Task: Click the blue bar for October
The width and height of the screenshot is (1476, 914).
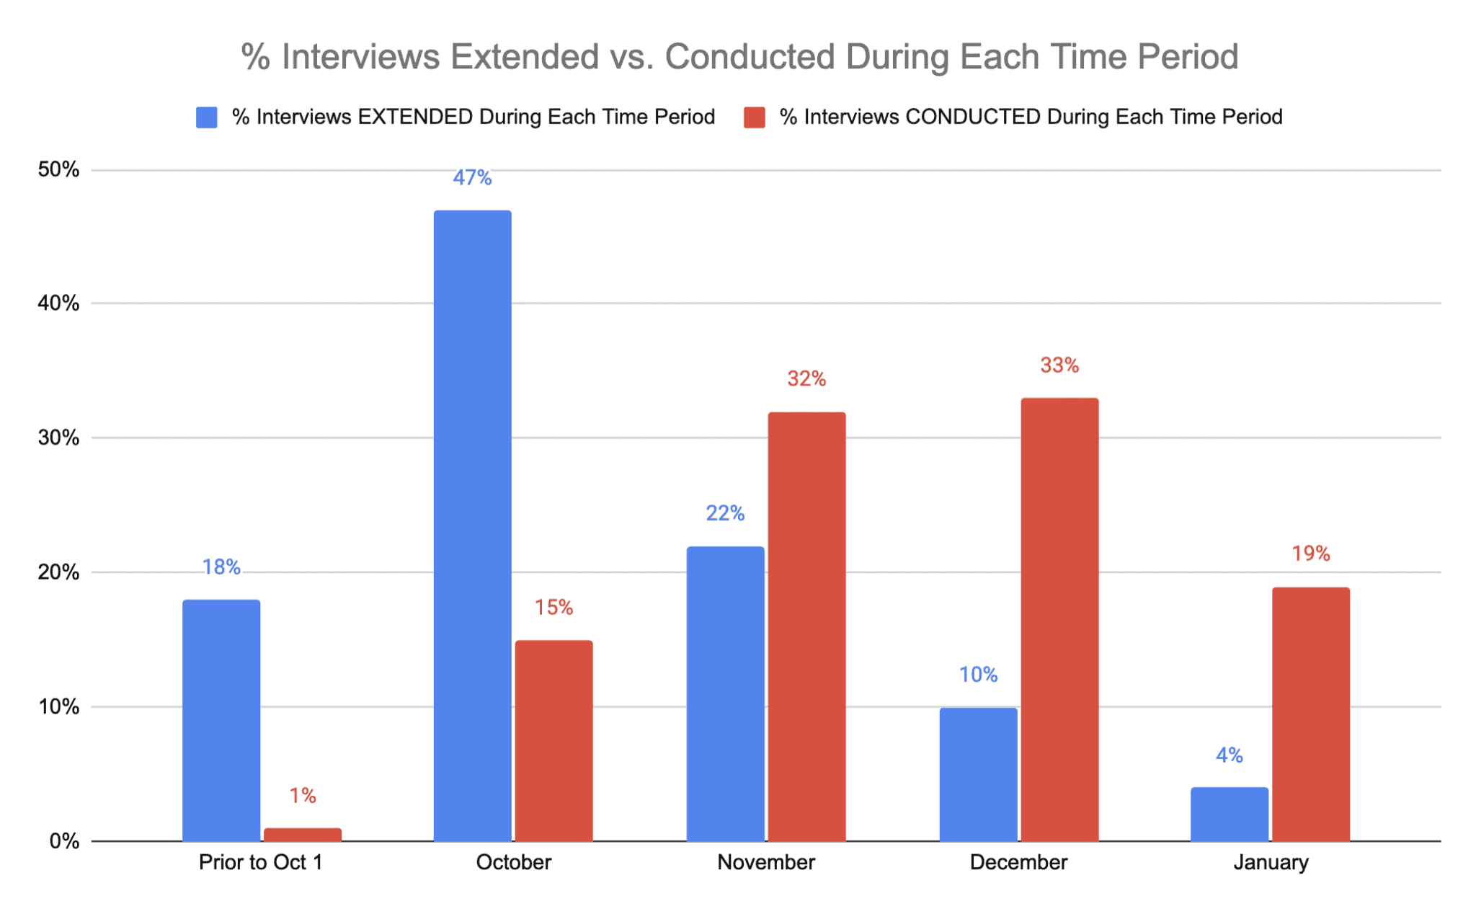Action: (472, 526)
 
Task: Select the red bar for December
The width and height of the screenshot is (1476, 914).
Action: (1059, 620)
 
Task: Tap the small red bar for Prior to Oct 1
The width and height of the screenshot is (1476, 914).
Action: (303, 834)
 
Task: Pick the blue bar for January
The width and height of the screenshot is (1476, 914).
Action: (1230, 815)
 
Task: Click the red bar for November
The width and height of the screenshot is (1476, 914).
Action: (806, 627)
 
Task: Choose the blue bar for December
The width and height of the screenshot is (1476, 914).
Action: (978, 775)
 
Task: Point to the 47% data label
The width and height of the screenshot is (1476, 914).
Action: (472, 177)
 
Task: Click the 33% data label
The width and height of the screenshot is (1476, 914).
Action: (1059, 365)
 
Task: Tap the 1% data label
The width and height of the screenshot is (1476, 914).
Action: (303, 795)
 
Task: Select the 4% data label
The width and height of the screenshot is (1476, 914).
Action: (1230, 755)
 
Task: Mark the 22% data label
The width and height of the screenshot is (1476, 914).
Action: (725, 513)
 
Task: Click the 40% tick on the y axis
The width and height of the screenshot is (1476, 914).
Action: (58, 303)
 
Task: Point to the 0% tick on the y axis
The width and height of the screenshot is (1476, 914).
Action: (64, 841)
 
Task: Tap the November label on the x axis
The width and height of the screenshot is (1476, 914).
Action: (766, 862)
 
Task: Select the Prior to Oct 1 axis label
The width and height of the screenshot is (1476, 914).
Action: (260, 862)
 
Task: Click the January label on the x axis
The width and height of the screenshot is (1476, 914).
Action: (1271, 862)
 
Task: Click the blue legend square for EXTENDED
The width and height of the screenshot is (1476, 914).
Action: (207, 117)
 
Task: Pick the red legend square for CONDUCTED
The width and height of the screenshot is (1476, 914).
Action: (755, 117)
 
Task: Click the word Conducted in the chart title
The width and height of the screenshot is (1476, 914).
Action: (750, 56)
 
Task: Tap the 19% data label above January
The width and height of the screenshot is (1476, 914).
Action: (1310, 554)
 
